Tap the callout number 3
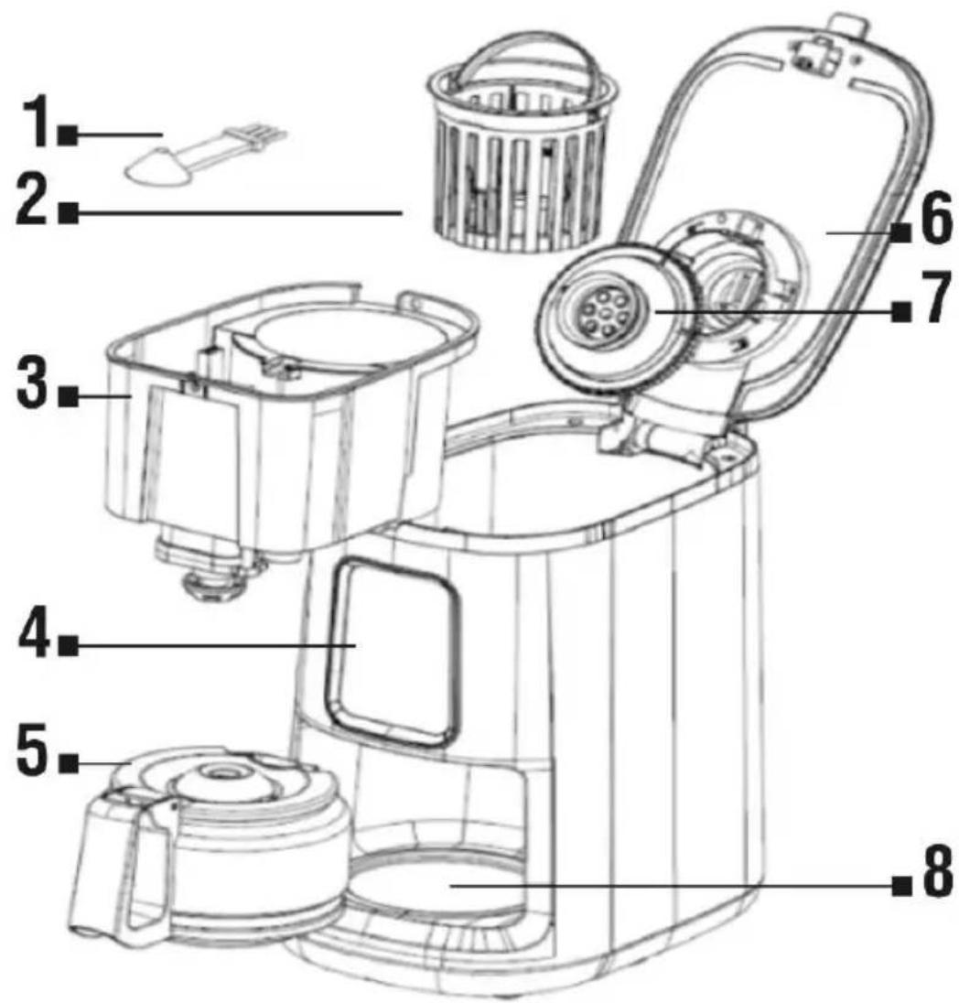pyautogui.click(x=32, y=383)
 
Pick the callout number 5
pyautogui.click(x=32, y=750)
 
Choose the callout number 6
pyautogui.click(x=936, y=220)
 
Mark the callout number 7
pyautogui.click(x=936, y=297)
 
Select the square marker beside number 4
pyautogui.click(x=69, y=645)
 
